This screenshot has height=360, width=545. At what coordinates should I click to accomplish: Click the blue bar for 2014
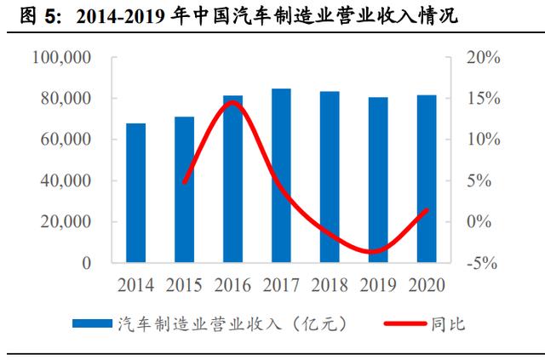click(x=136, y=193)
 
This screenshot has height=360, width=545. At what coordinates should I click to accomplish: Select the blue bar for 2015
click(x=184, y=190)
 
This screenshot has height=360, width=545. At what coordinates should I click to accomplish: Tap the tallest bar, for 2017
click(x=281, y=175)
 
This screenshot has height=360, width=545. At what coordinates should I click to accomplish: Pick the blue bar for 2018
click(x=330, y=177)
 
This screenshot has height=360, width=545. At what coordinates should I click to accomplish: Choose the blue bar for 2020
click(x=427, y=179)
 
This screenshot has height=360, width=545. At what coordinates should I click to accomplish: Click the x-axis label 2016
click(x=232, y=285)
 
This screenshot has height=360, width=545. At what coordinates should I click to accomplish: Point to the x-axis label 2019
click(x=378, y=285)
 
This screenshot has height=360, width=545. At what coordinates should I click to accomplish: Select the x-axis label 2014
click(x=135, y=285)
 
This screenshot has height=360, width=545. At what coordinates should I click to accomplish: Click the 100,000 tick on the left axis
click(x=61, y=57)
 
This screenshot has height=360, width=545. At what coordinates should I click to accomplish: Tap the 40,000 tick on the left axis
click(x=66, y=180)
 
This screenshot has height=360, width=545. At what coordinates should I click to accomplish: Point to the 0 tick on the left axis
click(x=87, y=263)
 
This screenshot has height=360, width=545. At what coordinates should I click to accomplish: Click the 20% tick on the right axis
click(x=484, y=57)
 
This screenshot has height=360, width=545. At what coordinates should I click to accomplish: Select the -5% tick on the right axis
click(x=482, y=263)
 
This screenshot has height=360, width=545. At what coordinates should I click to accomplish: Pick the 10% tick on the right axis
click(x=484, y=140)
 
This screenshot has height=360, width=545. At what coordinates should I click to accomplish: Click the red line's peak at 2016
click(x=232, y=102)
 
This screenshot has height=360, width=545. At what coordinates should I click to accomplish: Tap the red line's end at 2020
click(x=427, y=210)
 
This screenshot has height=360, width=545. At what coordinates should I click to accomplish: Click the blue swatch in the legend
click(x=92, y=323)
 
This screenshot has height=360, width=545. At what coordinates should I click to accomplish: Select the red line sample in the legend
click(x=405, y=323)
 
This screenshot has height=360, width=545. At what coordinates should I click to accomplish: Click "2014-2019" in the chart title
click(x=121, y=17)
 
